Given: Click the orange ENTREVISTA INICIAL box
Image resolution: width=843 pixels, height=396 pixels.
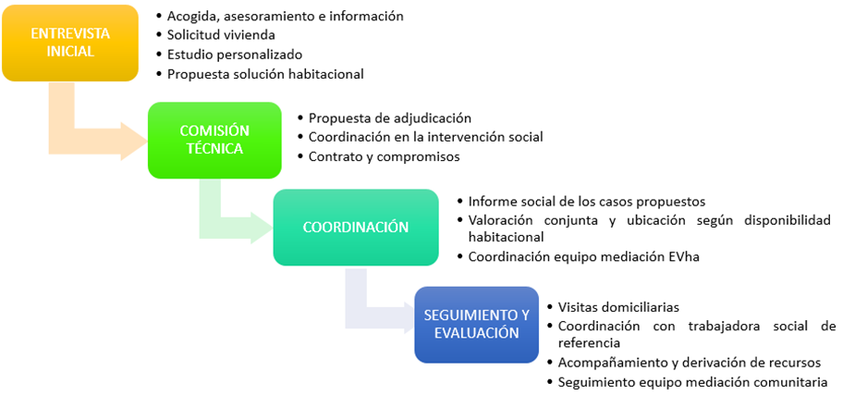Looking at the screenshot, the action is pyautogui.click(x=69, y=43).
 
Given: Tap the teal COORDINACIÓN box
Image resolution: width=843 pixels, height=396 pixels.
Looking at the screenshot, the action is pyautogui.click(x=355, y=227).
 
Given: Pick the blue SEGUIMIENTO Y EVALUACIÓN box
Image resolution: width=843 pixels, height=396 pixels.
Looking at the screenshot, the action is pyautogui.click(x=476, y=324).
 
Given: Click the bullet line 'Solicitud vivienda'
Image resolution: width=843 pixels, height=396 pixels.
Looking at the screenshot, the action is pyautogui.click(x=214, y=35).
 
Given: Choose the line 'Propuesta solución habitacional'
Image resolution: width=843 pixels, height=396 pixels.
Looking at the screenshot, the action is pyautogui.click(x=265, y=74).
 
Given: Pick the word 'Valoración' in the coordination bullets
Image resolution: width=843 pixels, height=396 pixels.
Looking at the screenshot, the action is pyautogui.click(x=502, y=219).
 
